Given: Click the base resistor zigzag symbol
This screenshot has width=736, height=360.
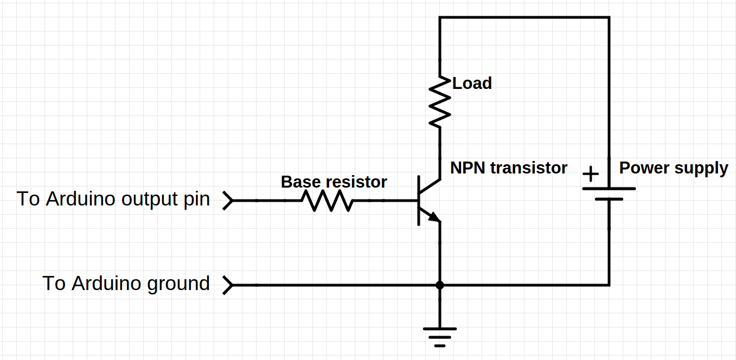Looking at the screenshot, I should (x=327, y=201).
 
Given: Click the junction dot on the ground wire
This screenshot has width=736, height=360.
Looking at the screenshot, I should (x=440, y=285).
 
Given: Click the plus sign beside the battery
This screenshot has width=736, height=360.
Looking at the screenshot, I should (x=591, y=174).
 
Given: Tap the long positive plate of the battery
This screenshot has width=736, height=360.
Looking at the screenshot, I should (x=609, y=189).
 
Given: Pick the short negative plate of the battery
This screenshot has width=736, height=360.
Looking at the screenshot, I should (x=609, y=199).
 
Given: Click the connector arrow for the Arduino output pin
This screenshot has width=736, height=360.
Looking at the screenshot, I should (x=228, y=201).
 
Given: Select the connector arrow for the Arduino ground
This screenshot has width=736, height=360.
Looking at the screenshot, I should (x=228, y=285).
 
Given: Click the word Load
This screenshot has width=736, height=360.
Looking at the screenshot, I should (x=472, y=83).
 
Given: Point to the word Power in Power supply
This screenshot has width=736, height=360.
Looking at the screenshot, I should (x=644, y=168).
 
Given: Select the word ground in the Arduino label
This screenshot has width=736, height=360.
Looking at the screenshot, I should (x=179, y=284).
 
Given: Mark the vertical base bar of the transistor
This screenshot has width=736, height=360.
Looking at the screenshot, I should (x=419, y=201).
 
